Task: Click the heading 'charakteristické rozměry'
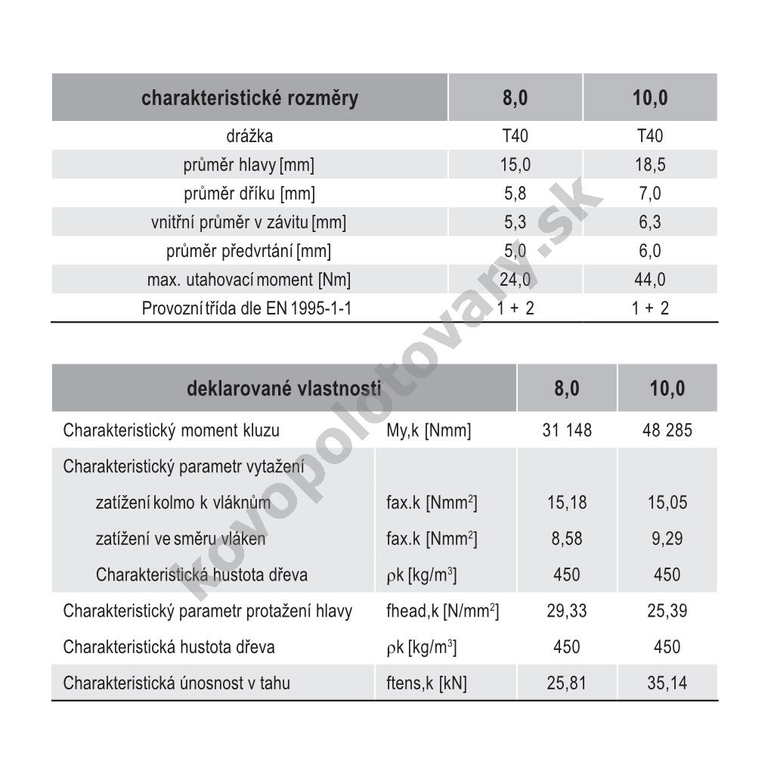click(249, 98)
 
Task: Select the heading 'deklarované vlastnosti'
click(283, 389)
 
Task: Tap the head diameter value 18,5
click(650, 165)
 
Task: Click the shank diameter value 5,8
click(515, 193)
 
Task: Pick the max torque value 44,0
click(650, 280)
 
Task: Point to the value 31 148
click(567, 431)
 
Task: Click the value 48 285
click(667, 431)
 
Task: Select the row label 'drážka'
click(249, 137)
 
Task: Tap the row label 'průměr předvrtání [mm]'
click(249, 251)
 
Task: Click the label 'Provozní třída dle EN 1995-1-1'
click(246, 308)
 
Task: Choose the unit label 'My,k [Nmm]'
click(428, 431)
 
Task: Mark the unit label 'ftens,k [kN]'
click(426, 683)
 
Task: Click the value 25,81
click(567, 683)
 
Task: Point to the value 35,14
click(667, 683)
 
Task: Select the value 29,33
click(567, 611)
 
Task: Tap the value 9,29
click(667, 539)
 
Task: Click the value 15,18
click(567, 503)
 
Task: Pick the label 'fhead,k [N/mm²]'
click(442, 611)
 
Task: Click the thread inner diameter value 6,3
click(650, 222)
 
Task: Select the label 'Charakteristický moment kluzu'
click(172, 431)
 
